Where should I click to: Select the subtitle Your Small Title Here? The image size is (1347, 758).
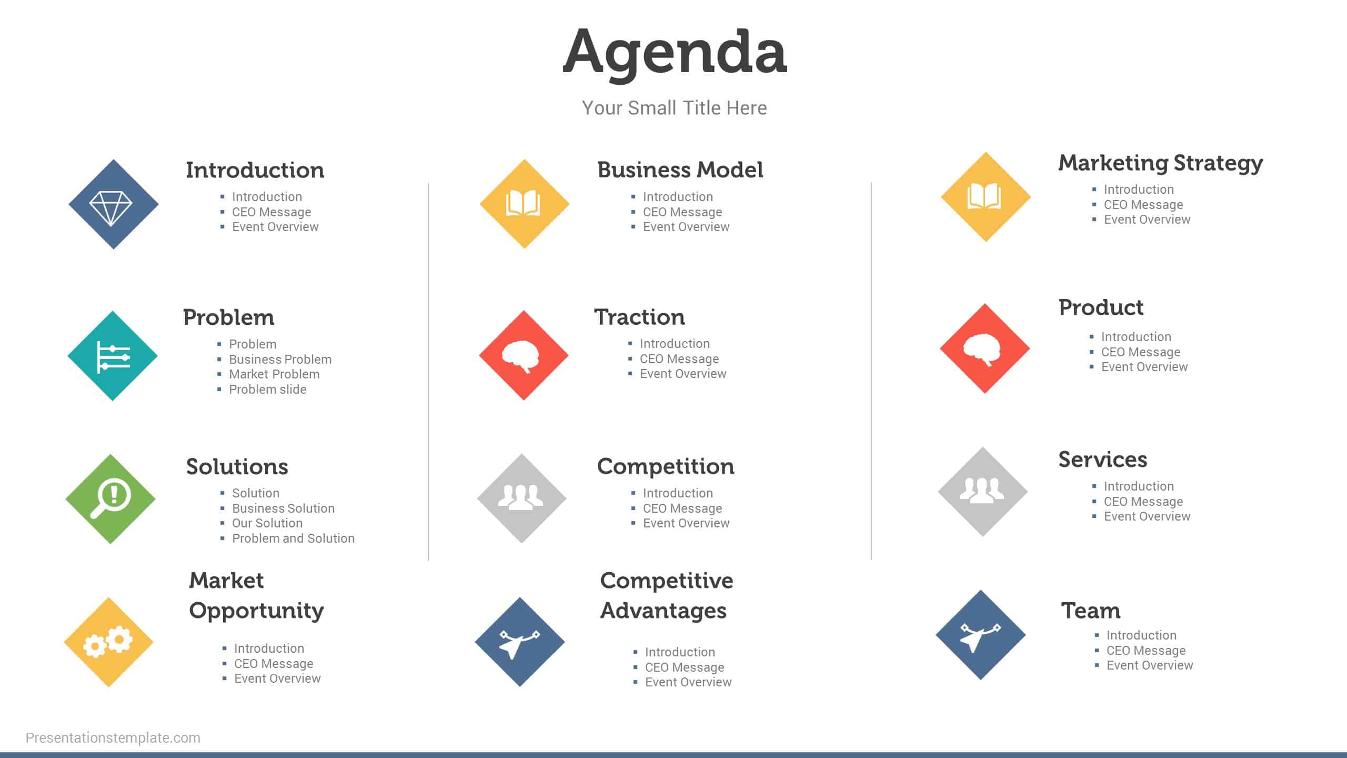[x=674, y=108]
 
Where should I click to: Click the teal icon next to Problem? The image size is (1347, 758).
[x=113, y=356]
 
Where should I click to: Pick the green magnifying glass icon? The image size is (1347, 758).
[x=110, y=498]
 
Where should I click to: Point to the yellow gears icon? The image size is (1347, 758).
[x=109, y=642]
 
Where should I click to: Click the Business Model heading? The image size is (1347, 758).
[x=680, y=169]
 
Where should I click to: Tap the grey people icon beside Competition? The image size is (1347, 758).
[x=521, y=498]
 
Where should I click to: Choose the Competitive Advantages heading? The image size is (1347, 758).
[x=667, y=595]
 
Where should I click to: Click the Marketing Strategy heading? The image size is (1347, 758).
[x=1160, y=163]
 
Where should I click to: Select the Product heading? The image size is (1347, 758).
[x=1101, y=307]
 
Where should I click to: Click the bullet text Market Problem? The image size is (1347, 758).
[x=274, y=374]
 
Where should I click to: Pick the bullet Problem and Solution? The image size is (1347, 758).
[x=293, y=538]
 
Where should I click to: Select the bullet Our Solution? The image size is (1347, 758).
[x=267, y=523]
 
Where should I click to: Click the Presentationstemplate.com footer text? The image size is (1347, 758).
[x=113, y=738]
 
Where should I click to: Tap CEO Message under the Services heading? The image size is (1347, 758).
[x=1143, y=502]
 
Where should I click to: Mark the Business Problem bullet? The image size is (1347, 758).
[x=280, y=360]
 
